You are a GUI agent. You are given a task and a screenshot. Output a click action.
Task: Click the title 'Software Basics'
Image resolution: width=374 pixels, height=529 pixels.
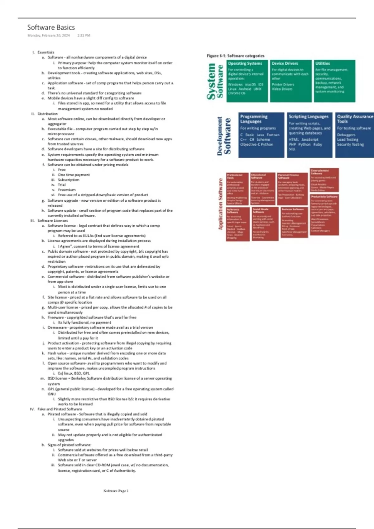[51, 27]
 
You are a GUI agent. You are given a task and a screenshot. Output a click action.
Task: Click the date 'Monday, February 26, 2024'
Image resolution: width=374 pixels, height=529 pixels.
[49, 35]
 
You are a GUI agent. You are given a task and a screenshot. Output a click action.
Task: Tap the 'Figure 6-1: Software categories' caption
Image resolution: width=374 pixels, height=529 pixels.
[235, 56]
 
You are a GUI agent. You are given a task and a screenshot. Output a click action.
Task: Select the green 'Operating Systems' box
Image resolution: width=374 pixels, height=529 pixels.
[247, 81]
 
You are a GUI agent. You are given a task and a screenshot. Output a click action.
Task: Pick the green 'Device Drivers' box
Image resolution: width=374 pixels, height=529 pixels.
[291, 81]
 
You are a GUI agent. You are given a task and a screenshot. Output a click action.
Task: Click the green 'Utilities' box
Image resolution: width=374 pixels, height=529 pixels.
[334, 81]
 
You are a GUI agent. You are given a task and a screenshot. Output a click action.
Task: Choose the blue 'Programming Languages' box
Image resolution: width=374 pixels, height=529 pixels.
[261, 135]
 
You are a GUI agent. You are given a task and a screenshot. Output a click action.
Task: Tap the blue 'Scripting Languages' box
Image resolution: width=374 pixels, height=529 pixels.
[309, 135]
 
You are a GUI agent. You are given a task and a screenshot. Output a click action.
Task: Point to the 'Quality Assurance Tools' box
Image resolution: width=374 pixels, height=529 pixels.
[355, 135]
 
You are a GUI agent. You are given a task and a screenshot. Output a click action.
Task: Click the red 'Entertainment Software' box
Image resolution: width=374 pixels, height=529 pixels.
[324, 180]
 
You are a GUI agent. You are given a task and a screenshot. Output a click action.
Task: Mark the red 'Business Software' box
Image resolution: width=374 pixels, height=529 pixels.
[294, 222]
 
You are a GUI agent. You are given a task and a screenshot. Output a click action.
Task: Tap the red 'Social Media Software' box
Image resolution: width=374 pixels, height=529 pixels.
[265, 223]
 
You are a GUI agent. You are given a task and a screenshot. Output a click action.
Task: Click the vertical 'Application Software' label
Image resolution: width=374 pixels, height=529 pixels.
[221, 204]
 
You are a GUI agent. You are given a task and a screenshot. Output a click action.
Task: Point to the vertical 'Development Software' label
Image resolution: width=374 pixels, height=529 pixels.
[224, 136]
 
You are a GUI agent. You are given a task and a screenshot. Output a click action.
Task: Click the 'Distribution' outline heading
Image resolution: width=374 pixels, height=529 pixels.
[47, 114]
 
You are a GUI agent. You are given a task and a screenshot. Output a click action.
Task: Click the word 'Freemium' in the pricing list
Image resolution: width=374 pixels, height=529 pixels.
[66, 190]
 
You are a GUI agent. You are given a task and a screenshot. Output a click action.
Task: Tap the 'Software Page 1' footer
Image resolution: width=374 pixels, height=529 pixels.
[116, 491]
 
